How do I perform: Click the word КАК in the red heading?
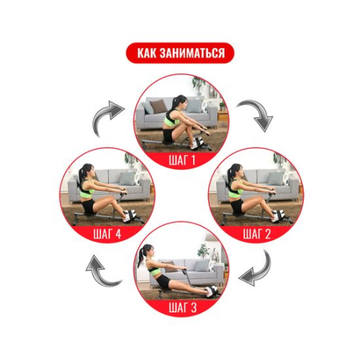click(146, 53)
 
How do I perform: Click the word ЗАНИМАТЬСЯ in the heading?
click(192, 53)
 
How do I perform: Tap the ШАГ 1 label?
click(182, 161)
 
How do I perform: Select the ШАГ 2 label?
click(256, 234)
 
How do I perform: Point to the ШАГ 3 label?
click(182, 307)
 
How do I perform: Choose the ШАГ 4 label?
click(107, 234)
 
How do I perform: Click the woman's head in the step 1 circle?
click(181, 102)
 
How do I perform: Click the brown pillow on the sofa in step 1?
click(158, 106)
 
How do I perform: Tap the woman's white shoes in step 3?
click(212, 292)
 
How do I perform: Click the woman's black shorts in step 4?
click(89, 206)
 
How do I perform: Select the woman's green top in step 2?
click(236, 189)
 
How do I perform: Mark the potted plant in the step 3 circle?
click(203, 251)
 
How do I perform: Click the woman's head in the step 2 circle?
click(236, 171)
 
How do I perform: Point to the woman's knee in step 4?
click(112, 199)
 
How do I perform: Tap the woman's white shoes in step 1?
click(197, 143)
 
